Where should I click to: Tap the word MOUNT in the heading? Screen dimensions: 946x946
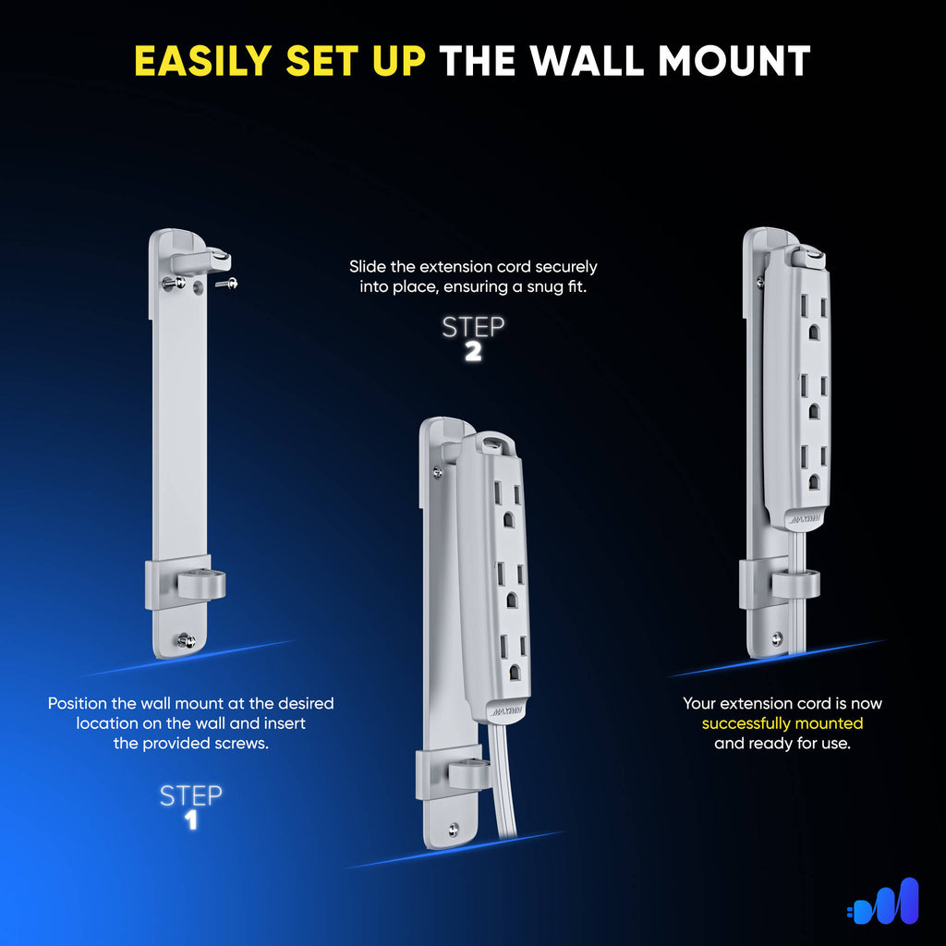pyautogui.click(x=734, y=61)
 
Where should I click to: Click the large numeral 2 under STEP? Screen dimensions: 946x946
pyautogui.click(x=473, y=352)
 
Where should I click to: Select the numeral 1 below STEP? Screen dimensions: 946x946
pyautogui.click(x=190, y=820)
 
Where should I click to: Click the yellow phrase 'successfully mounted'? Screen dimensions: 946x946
pyautogui.click(x=782, y=722)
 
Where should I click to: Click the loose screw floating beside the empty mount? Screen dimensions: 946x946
pyautogui.click(x=227, y=283)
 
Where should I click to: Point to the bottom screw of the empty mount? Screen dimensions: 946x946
pyautogui.click(x=187, y=641)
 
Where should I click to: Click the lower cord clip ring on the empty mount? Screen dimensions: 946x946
pyautogui.click(x=200, y=584)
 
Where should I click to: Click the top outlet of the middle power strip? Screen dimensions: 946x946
pyautogui.click(x=507, y=503)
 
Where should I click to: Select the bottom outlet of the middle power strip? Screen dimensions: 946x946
pyautogui.click(x=513, y=658)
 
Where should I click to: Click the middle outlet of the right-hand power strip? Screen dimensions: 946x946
pyautogui.click(x=813, y=397)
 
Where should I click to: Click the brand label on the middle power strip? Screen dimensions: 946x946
pyautogui.click(x=507, y=710)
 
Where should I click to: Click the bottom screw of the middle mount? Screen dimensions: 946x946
pyautogui.click(x=453, y=831)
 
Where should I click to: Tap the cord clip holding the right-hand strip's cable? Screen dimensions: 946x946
pyautogui.click(x=795, y=584)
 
